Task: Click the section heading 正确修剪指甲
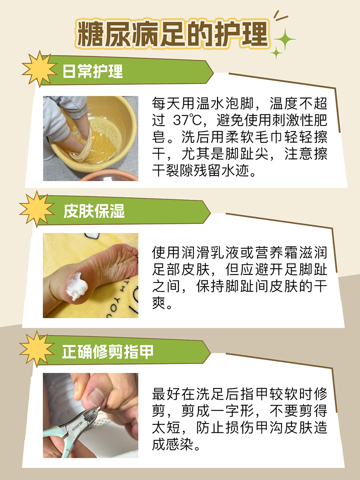108,352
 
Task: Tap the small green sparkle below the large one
276,53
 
